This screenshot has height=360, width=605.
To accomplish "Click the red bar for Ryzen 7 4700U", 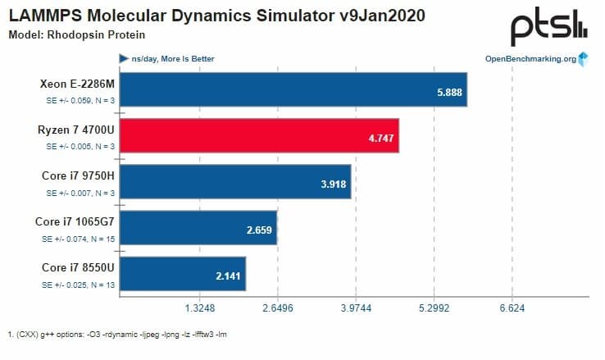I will coord(260,139).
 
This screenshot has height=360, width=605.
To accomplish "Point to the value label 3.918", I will coord(333,185).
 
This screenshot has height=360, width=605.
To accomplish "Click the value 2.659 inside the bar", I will coord(259,230).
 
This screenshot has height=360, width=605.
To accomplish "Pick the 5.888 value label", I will coord(451,93).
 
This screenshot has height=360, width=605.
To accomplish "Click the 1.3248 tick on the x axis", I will coord(200,308).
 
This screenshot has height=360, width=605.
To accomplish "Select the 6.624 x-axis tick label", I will coord(512,308).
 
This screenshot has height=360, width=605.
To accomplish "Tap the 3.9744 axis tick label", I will coord(355,308).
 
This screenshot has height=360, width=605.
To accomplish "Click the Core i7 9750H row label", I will coord(77,176).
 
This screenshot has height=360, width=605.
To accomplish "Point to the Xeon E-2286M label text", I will coord(76,84).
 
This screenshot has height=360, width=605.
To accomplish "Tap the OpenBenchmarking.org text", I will coord(530,59).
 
